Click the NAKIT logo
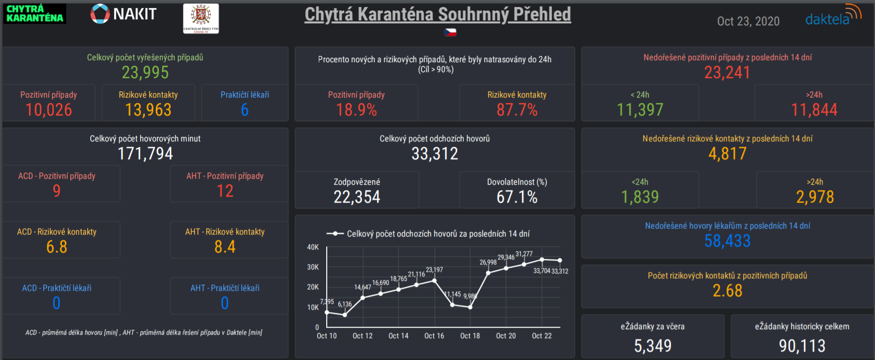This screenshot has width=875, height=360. pyautogui.click(x=124, y=14)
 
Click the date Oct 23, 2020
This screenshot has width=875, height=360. pyautogui.click(x=748, y=21)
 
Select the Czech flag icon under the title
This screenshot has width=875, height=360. pyautogui.click(x=450, y=32)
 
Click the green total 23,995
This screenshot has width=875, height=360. pyautogui.click(x=145, y=73)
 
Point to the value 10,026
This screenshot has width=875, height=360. pyautogui.click(x=49, y=110)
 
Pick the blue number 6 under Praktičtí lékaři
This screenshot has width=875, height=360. pyautogui.click(x=245, y=110)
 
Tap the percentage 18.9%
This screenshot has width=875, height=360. pyautogui.click(x=357, y=110)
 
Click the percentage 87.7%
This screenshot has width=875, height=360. pyautogui.click(x=517, y=110)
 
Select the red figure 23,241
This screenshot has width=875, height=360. pyautogui.click(x=727, y=73)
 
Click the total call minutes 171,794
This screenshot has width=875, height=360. pyautogui.click(x=145, y=154)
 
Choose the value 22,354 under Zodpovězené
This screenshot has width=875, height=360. pyautogui.click(x=357, y=197)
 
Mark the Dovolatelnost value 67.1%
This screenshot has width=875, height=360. pyautogui.click(x=517, y=197)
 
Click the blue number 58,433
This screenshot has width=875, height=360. pyautogui.click(x=727, y=241)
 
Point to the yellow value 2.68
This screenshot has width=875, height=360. pyautogui.click(x=727, y=291)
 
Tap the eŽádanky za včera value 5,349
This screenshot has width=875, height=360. pyautogui.click(x=652, y=346)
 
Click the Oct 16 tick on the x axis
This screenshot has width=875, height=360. pyautogui.click(x=434, y=336)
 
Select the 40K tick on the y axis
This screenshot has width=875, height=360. pyautogui.click(x=313, y=247)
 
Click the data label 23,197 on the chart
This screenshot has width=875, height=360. pyautogui.click(x=434, y=270)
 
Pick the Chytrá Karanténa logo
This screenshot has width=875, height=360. pyautogui.click(x=35, y=13)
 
